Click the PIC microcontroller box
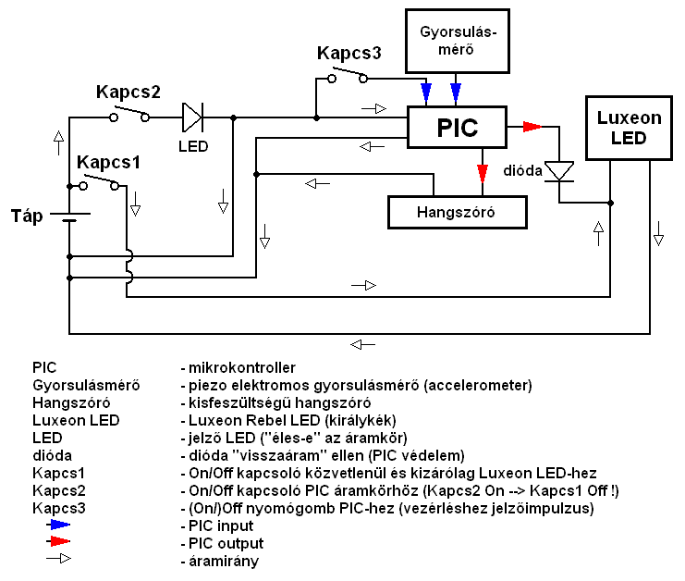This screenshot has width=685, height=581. click(458, 127)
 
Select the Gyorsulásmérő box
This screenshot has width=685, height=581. click(459, 42)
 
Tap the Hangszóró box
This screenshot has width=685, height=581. click(458, 212)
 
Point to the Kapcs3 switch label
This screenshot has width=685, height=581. click(349, 53)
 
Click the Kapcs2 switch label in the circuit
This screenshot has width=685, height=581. click(128, 93)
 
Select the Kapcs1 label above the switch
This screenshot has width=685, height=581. click(108, 162)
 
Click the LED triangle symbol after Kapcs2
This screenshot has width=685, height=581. click(191, 117)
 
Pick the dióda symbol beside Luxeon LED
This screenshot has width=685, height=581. click(559, 171)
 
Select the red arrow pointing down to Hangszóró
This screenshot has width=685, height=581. click(482, 174)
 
